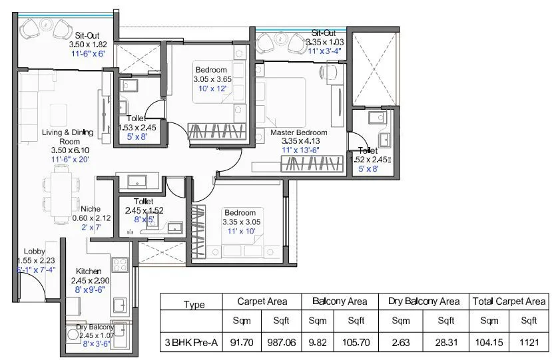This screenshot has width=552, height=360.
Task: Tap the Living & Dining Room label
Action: (61, 136)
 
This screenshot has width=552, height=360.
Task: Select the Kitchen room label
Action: (89, 271)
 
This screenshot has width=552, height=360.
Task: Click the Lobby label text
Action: (35, 251)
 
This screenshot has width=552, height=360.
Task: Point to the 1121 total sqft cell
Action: (529, 343)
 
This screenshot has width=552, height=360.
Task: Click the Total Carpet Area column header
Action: (509, 301)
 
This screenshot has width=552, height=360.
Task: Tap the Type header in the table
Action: (194, 305)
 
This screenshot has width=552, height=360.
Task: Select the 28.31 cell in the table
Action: (445, 343)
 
